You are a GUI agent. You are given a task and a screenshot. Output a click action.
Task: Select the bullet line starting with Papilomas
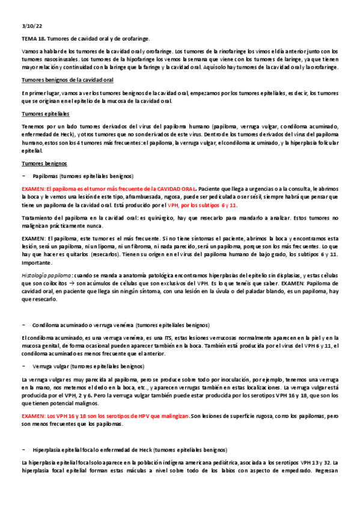[x=83, y=176]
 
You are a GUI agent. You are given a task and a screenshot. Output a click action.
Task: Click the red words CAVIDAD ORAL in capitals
[x=174, y=189]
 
